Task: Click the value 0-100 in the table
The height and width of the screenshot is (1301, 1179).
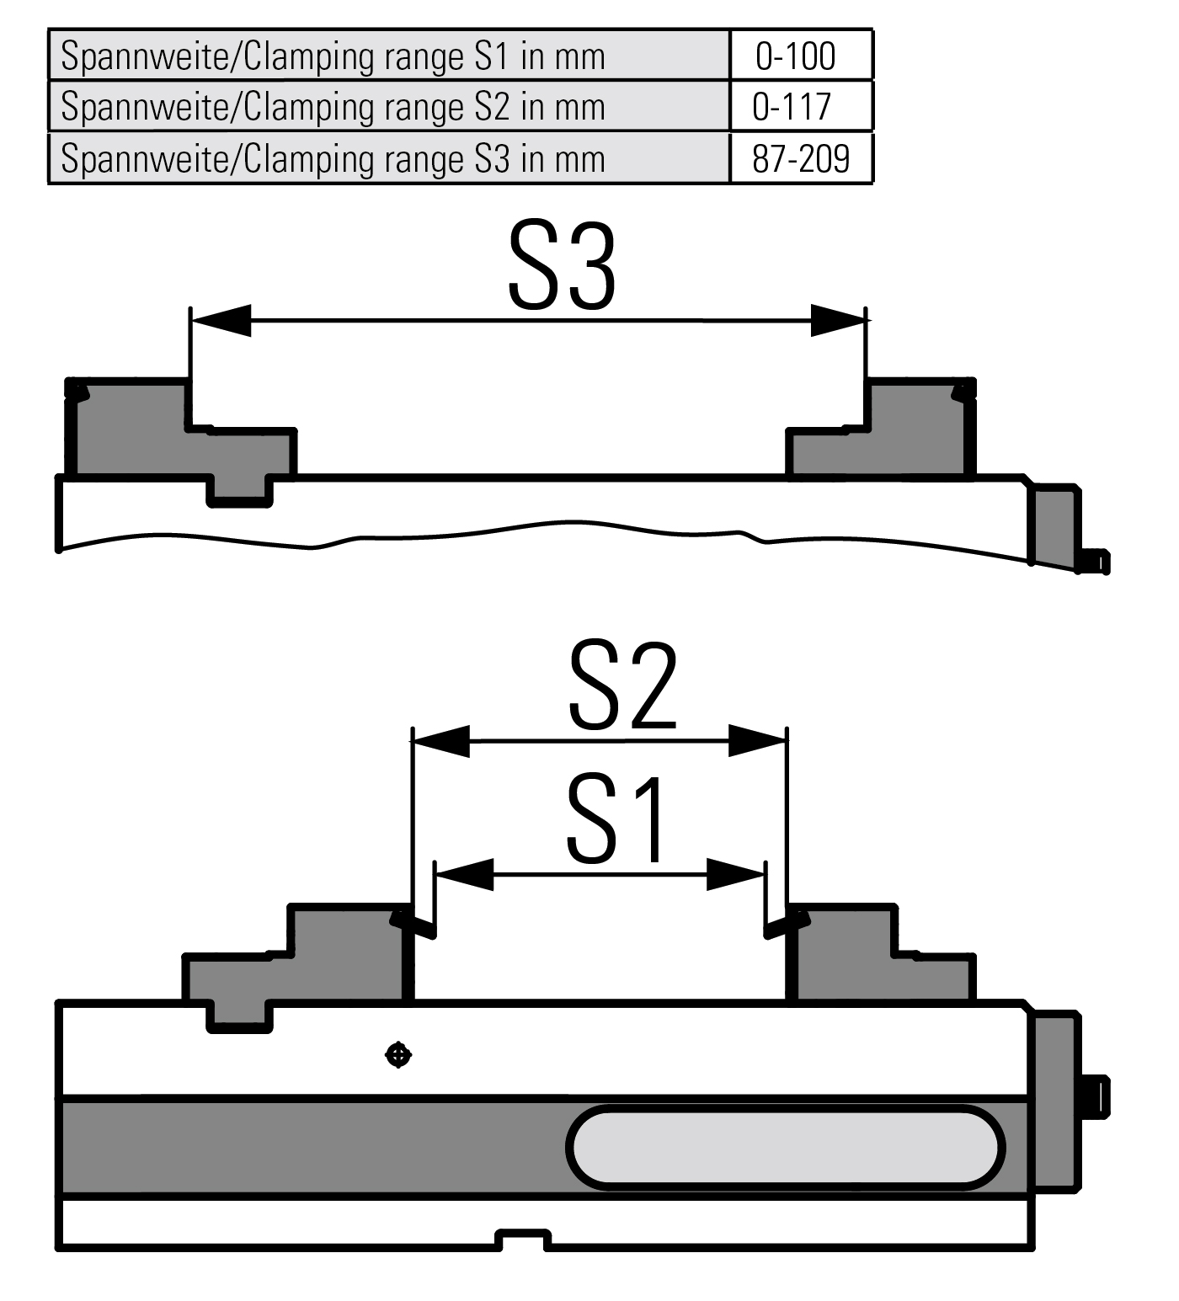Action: (795, 56)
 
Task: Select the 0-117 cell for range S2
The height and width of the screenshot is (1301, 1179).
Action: (792, 107)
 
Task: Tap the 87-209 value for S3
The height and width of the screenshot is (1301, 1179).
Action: (801, 158)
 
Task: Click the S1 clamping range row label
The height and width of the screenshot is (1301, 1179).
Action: (333, 56)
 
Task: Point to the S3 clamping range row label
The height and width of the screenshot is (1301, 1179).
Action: (333, 158)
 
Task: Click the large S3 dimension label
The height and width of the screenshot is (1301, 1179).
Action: (563, 267)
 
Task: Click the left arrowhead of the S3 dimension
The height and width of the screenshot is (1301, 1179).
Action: (221, 320)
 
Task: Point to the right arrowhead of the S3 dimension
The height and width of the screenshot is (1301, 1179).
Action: (838, 320)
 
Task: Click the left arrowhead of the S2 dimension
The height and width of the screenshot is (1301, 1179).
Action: (440, 740)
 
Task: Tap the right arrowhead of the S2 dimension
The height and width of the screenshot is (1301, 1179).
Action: (757, 740)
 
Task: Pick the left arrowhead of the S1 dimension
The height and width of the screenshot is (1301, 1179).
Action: (463, 874)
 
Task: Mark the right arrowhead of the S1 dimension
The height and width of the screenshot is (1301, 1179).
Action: (735, 874)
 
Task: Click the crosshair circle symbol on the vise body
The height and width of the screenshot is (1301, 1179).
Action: (397, 1054)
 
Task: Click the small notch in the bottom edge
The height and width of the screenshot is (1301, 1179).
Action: (523, 1240)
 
